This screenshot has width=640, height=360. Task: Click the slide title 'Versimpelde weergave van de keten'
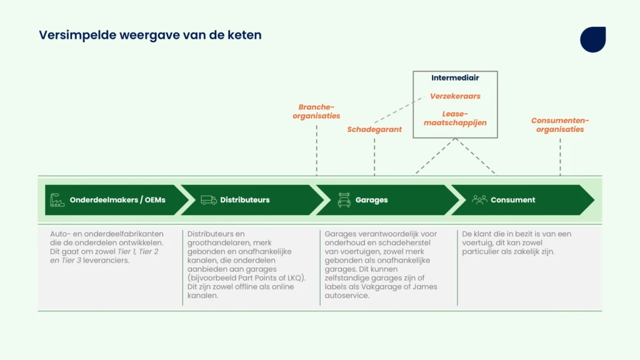point(150,35)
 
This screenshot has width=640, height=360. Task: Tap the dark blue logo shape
point(593,39)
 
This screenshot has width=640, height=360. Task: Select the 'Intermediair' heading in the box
point(455,77)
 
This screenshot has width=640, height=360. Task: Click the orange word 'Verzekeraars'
point(455,96)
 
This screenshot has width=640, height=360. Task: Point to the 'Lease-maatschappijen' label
point(455,118)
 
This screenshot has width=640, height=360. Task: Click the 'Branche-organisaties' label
point(316,111)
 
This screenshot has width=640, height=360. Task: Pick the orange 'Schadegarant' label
point(374,129)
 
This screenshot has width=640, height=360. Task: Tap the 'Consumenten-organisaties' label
point(560,125)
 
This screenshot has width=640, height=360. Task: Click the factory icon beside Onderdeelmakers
point(57,200)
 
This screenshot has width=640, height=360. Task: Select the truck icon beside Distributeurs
point(209,200)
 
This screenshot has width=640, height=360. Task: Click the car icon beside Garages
point(344,200)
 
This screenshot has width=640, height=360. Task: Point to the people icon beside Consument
point(479,199)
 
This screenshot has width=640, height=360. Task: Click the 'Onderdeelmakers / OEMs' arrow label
point(117,200)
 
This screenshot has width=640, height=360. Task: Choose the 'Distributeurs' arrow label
point(245,200)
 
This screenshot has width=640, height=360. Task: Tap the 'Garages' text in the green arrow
point(371,200)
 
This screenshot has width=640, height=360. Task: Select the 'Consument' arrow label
point(512,200)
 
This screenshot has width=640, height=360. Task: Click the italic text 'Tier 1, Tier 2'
point(138,251)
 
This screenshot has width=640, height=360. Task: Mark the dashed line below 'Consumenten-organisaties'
point(560,157)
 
